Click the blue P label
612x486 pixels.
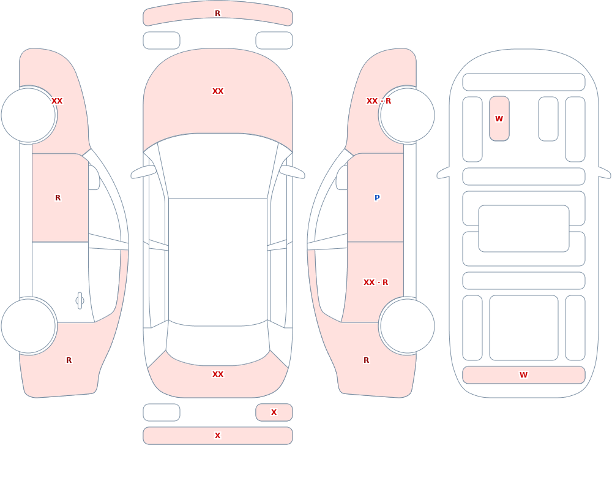click(377, 198)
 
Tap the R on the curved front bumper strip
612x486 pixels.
click(218, 13)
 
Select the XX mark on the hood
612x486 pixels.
click(218, 91)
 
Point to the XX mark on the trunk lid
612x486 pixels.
click(218, 374)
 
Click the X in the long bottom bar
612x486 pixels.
click(218, 436)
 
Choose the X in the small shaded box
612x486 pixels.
click(274, 412)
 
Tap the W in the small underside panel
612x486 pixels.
click(499, 118)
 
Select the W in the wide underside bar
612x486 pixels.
click(524, 375)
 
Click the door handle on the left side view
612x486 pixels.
click(80, 301)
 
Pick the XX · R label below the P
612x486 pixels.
click(376, 283)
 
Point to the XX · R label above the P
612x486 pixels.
click(379, 101)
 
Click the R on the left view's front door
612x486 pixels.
click(58, 198)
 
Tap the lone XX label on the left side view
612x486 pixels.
click(57, 101)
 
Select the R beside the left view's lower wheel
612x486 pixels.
click(69, 360)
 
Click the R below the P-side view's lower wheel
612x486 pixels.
click(366, 360)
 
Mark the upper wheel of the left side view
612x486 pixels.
click(28, 115)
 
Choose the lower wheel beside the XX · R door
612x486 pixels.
click(408, 326)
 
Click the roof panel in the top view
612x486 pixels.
click(218, 262)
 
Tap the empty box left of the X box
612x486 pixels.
click(162, 412)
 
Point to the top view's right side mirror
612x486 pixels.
click(292, 172)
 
